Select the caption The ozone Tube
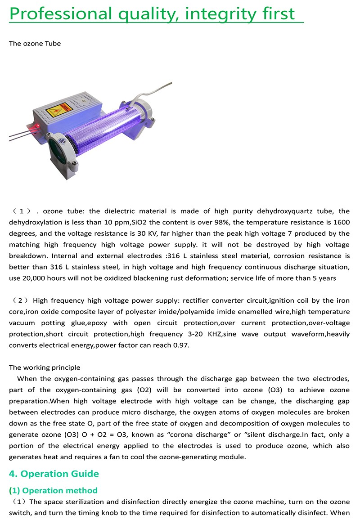coord(35,44)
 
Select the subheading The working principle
coord(45,368)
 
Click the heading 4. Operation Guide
coord(54,474)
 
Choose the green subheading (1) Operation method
coord(53,490)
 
